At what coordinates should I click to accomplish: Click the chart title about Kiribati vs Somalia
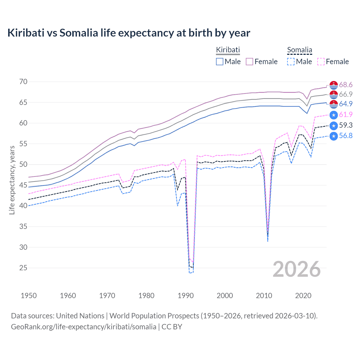tap(129, 33)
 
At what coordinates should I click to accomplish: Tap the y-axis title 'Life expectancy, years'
tap(12, 180)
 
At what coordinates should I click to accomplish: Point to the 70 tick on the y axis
tap(23, 82)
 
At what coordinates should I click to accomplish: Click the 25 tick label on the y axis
tap(23, 268)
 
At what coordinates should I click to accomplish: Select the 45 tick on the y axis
tap(23, 185)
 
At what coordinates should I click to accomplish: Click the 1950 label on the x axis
tap(29, 296)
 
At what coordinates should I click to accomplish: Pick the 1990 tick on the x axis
tap(186, 296)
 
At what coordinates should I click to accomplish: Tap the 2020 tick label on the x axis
tap(303, 296)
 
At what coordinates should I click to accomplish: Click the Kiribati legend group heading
tap(228, 50)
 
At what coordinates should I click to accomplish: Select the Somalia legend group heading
tap(300, 50)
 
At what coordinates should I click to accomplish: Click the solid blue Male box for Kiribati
tap(220, 62)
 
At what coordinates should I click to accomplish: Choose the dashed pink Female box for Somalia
tap(321, 62)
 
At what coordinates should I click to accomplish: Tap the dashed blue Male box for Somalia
tap(291, 62)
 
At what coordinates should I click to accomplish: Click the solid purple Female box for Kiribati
tap(250, 62)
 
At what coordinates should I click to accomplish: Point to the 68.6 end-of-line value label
tap(346, 85)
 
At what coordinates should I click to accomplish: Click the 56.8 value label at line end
tap(346, 136)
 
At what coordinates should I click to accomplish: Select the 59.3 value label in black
tap(346, 125)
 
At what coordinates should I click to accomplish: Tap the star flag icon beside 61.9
tap(334, 115)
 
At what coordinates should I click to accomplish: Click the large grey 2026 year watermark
tap(297, 269)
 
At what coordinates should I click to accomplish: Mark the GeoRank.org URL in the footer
tap(84, 327)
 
